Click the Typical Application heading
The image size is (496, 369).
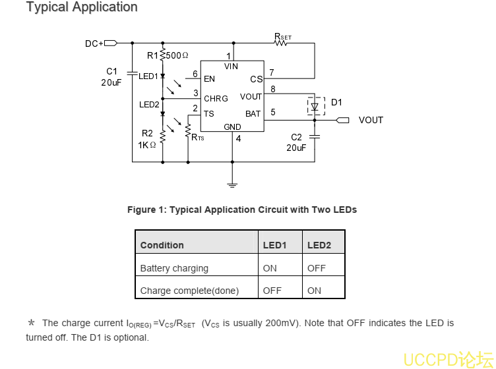[82, 7]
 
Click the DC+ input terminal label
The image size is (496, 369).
[94, 43]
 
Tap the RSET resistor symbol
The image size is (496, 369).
[283, 43]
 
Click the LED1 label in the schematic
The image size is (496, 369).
[148, 76]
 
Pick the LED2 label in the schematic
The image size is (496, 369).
[149, 104]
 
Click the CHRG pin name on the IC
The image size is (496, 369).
[216, 99]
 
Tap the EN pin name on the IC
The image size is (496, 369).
[209, 79]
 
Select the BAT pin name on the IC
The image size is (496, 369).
[253, 114]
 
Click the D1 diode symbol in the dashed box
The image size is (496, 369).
[315, 105]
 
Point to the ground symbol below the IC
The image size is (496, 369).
[232, 183]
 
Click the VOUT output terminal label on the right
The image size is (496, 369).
[371, 120]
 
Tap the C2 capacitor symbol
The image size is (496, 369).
[315, 136]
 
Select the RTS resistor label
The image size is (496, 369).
[197, 137]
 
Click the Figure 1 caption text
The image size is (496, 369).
[241, 210]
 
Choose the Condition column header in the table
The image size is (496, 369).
[162, 245]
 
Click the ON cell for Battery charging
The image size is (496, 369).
[270, 268]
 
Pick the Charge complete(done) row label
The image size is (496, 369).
[189, 291]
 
